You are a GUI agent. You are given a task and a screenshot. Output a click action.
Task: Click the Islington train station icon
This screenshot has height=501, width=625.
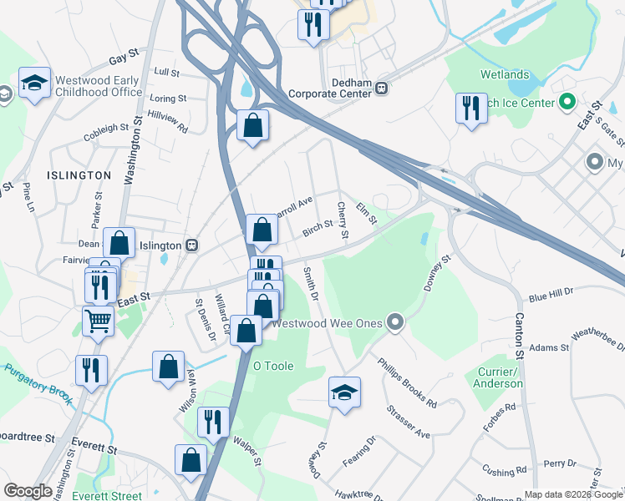coord(192,245)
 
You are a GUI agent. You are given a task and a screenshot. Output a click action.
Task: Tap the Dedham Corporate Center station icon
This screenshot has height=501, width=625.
coord(381,88)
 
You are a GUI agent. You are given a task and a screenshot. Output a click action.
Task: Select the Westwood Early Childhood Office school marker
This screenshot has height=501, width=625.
coord(34,83)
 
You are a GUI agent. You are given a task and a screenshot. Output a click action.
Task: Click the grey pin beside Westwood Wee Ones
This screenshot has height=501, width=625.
coord(396,322)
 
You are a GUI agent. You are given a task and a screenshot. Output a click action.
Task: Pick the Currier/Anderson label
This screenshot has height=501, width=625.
coord(500,377)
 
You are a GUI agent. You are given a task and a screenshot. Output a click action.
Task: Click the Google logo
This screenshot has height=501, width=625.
coord(28,491)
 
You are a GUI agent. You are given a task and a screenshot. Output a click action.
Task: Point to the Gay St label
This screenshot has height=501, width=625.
coord(123,61)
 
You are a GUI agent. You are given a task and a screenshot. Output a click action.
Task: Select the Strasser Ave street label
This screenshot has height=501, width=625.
coord(408,423)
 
